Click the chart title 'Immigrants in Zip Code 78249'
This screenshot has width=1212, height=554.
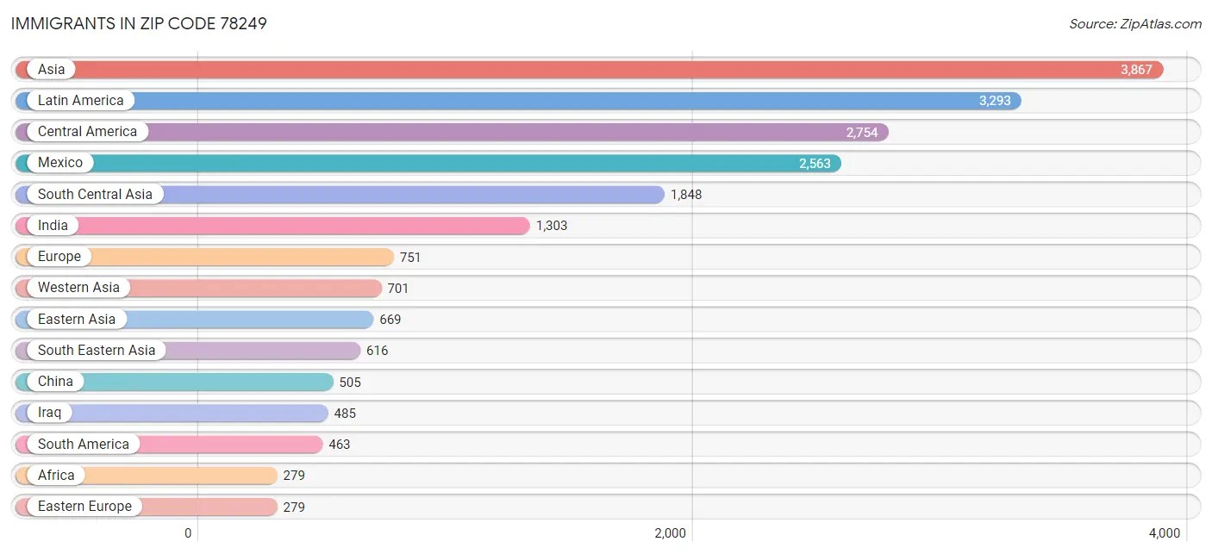click(x=139, y=23)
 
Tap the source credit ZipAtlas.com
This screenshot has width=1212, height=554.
click(x=1134, y=24)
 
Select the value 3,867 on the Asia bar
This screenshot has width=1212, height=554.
click(x=1136, y=70)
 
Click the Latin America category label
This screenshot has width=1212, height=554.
click(x=80, y=101)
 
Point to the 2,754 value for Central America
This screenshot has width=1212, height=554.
click(x=861, y=133)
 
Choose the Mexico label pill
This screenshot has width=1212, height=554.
click(x=59, y=163)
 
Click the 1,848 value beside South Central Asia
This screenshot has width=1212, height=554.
click(x=686, y=195)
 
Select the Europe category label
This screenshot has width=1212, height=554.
click(x=59, y=257)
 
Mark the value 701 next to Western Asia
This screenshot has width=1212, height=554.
click(x=398, y=289)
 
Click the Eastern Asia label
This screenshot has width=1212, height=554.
click(x=76, y=320)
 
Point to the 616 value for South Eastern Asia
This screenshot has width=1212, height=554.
click(x=378, y=351)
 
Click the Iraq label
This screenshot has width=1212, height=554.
click(x=49, y=413)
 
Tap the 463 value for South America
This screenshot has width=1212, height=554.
click(x=340, y=445)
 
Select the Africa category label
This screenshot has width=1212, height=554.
click(x=56, y=476)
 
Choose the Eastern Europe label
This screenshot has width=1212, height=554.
click(x=84, y=507)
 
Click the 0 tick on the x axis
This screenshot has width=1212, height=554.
click(x=188, y=533)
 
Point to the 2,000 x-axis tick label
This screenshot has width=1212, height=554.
click(x=670, y=533)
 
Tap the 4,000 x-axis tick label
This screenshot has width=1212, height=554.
click(x=1164, y=533)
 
